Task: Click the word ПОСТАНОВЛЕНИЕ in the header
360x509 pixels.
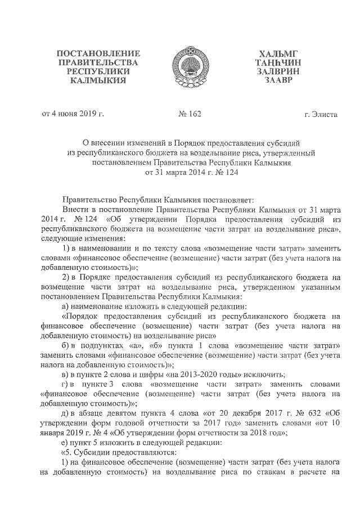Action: (98, 53)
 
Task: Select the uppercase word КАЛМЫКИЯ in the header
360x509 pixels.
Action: (98, 80)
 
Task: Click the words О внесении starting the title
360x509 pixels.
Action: (98, 143)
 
